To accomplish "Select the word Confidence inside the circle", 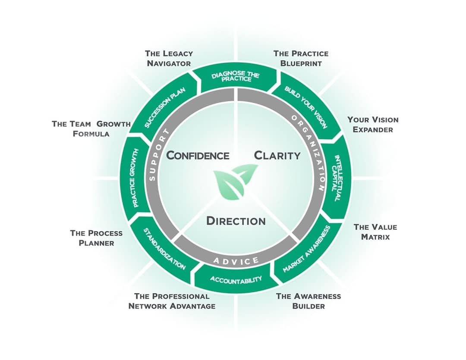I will point(198,155).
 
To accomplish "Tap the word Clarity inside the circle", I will point(277,155).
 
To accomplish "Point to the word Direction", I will point(236,221).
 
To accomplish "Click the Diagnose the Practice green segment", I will point(235,77).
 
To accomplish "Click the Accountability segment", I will point(236,280).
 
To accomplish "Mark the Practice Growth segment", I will point(135,178).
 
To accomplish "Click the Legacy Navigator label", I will point(169,58).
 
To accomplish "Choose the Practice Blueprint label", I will point(301,58).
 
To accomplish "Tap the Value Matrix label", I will point(375,232).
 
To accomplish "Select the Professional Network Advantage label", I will point(172,301).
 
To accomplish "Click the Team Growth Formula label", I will point(91,128).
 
